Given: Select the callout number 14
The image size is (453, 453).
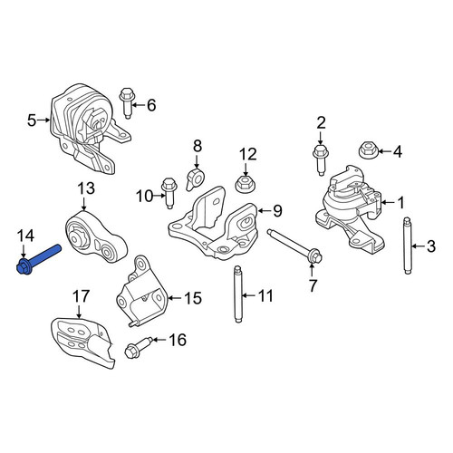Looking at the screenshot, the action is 25,236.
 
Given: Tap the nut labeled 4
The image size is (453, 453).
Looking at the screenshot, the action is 367,150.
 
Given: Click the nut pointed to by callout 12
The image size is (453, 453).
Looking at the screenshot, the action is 244,184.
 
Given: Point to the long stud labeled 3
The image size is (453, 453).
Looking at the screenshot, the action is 408,246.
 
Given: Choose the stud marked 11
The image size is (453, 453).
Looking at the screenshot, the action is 238,294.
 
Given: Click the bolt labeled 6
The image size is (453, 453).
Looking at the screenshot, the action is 127,102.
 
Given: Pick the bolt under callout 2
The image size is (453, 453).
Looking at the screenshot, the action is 320,159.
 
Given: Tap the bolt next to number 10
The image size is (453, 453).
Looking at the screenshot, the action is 169,193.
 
